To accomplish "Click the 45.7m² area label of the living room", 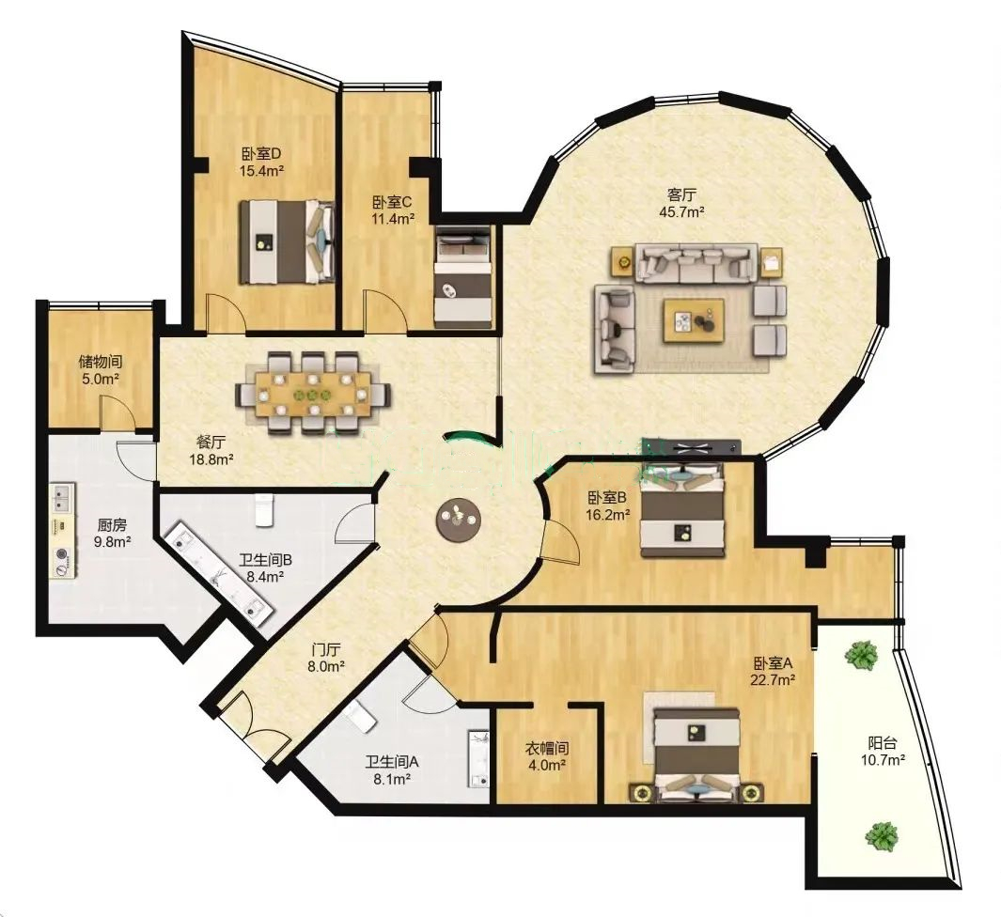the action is [681, 211].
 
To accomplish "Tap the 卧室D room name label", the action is [261, 154].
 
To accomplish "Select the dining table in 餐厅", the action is [313, 394].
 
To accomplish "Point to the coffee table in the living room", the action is [694, 320].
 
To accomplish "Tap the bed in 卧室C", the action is [463, 277].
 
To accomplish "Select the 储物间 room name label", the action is [101, 362].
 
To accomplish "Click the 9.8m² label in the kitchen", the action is [112, 542].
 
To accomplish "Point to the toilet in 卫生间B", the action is [264, 509].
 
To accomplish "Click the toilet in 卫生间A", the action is [362, 717].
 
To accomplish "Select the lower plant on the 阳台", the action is [882, 835].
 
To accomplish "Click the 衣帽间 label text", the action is [547, 748].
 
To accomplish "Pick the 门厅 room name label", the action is [326, 650].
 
